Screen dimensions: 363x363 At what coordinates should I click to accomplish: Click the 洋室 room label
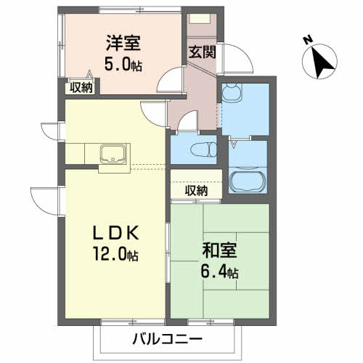[123, 43]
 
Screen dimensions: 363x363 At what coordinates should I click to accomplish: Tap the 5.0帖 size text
[123, 64]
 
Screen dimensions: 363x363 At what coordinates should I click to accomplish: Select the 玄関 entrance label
[202, 52]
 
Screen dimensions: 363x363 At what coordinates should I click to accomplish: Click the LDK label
[116, 232]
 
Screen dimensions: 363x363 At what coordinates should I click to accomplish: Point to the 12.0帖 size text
[116, 253]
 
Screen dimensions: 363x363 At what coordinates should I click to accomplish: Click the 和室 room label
[219, 250]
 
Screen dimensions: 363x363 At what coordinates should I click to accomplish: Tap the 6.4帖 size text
[219, 272]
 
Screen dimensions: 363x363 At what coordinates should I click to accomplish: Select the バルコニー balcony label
[167, 339]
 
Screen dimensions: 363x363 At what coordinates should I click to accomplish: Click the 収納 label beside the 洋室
[81, 87]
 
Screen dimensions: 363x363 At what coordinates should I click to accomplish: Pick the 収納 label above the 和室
[196, 191]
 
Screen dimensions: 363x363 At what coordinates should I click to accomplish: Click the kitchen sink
[113, 154]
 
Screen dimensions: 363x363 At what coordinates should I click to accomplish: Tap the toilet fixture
[204, 150]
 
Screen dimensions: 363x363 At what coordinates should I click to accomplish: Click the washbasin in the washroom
[232, 92]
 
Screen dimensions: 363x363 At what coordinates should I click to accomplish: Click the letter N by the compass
[308, 40]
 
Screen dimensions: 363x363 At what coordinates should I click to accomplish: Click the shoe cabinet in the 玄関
[200, 19]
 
